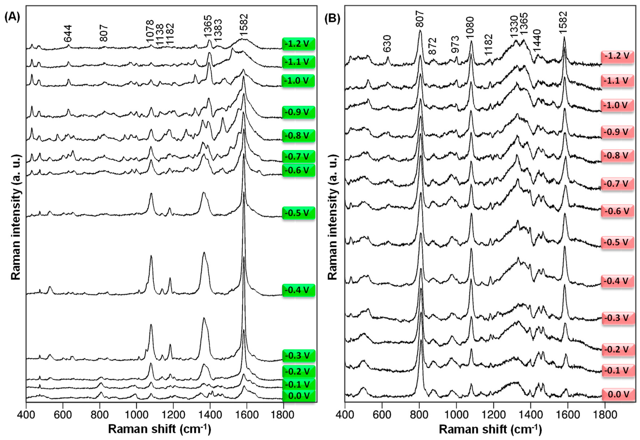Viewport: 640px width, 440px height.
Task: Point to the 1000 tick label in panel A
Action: [136, 414]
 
